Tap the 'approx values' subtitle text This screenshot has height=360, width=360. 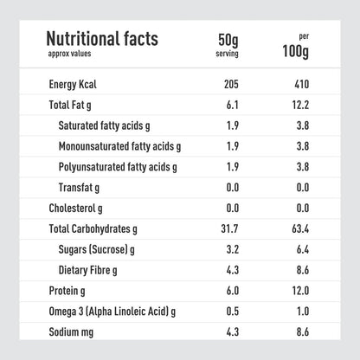(x=67, y=53)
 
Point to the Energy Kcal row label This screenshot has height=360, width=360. (x=79, y=85)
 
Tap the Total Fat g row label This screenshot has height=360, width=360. (x=75, y=105)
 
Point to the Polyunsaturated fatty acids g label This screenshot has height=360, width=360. (x=119, y=166)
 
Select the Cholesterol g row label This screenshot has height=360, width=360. (x=79, y=208)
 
